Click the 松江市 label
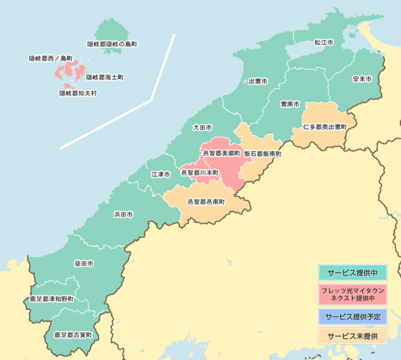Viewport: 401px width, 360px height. pos(324,42)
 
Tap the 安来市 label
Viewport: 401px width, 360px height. pos(362,79)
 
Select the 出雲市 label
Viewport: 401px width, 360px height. pos(258,81)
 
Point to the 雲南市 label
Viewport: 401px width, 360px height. pos(290,104)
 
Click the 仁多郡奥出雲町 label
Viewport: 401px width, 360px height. pos(325,127)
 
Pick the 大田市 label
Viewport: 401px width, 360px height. pos(203,128)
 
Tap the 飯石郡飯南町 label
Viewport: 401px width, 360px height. pos(263,154)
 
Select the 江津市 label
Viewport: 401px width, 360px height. pos(161,175)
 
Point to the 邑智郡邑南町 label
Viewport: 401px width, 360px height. pos(206,202)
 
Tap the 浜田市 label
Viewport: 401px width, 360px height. pos(123,214)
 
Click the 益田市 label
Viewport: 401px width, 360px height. pos(84,264)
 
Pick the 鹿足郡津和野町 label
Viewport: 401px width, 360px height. pos(52,299)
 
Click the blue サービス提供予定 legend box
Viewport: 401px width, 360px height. pos(352,317)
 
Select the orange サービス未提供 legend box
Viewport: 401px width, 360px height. pos(352,336)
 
